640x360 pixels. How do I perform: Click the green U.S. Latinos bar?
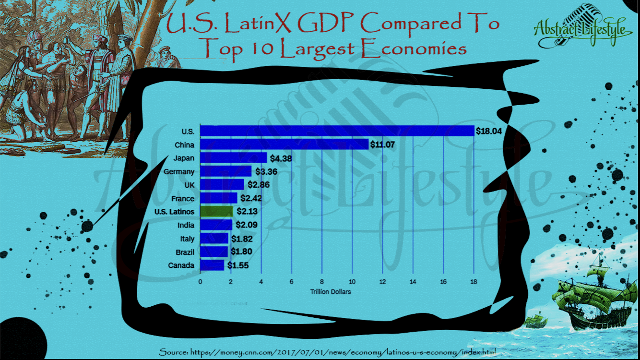pyautogui.click(x=216, y=212)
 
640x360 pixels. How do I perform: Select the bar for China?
pyautogui.click(x=284, y=144)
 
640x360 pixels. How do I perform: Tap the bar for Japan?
pyautogui.click(x=233, y=158)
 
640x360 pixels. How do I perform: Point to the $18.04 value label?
pyautogui.click(x=488, y=131)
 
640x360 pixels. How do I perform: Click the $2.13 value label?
pyautogui.click(x=248, y=212)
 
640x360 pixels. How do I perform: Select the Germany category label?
pyautogui.click(x=178, y=171)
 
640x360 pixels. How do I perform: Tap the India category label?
pyautogui.click(x=185, y=225)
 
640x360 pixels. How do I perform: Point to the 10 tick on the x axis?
pyautogui.click(x=352, y=282)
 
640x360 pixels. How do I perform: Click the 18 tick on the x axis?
pyautogui.click(x=474, y=282)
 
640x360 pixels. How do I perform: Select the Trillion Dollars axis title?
pyautogui.click(x=331, y=292)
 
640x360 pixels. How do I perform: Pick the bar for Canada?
pyautogui.click(x=212, y=265)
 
